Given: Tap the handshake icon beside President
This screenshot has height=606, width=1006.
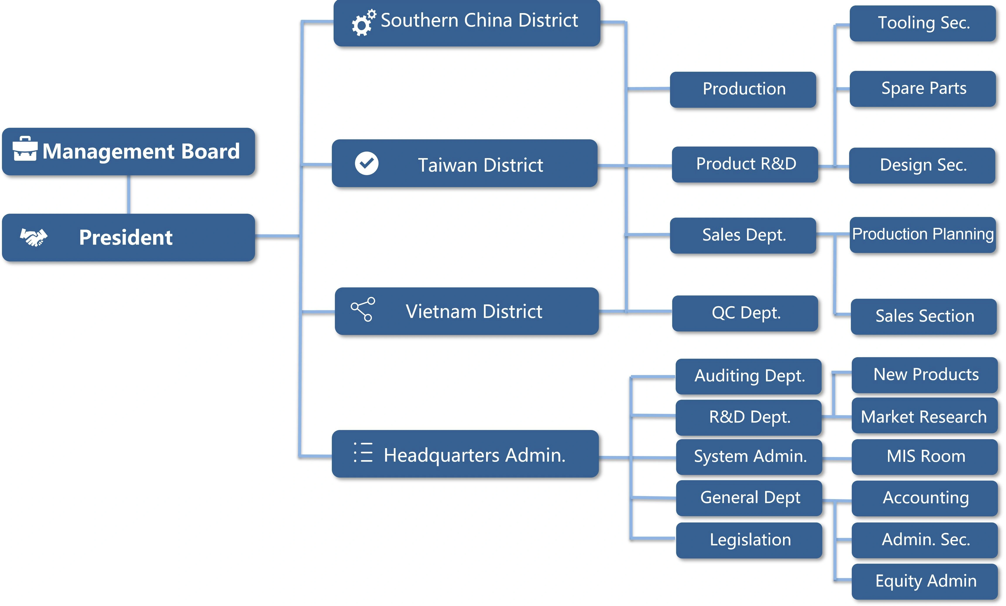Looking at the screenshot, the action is [x=34, y=237].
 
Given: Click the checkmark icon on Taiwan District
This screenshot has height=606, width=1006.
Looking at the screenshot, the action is [x=367, y=163].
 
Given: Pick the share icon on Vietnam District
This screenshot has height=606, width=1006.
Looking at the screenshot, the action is [x=363, y=309].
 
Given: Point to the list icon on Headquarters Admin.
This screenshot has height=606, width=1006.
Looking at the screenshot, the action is [x=363, y=452].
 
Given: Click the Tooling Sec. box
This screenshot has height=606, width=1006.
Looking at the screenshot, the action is [x=923, y=23].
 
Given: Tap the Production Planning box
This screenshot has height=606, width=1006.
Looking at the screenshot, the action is [x=923, y=235].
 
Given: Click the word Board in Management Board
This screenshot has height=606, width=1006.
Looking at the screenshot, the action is [x=210, y=151].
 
